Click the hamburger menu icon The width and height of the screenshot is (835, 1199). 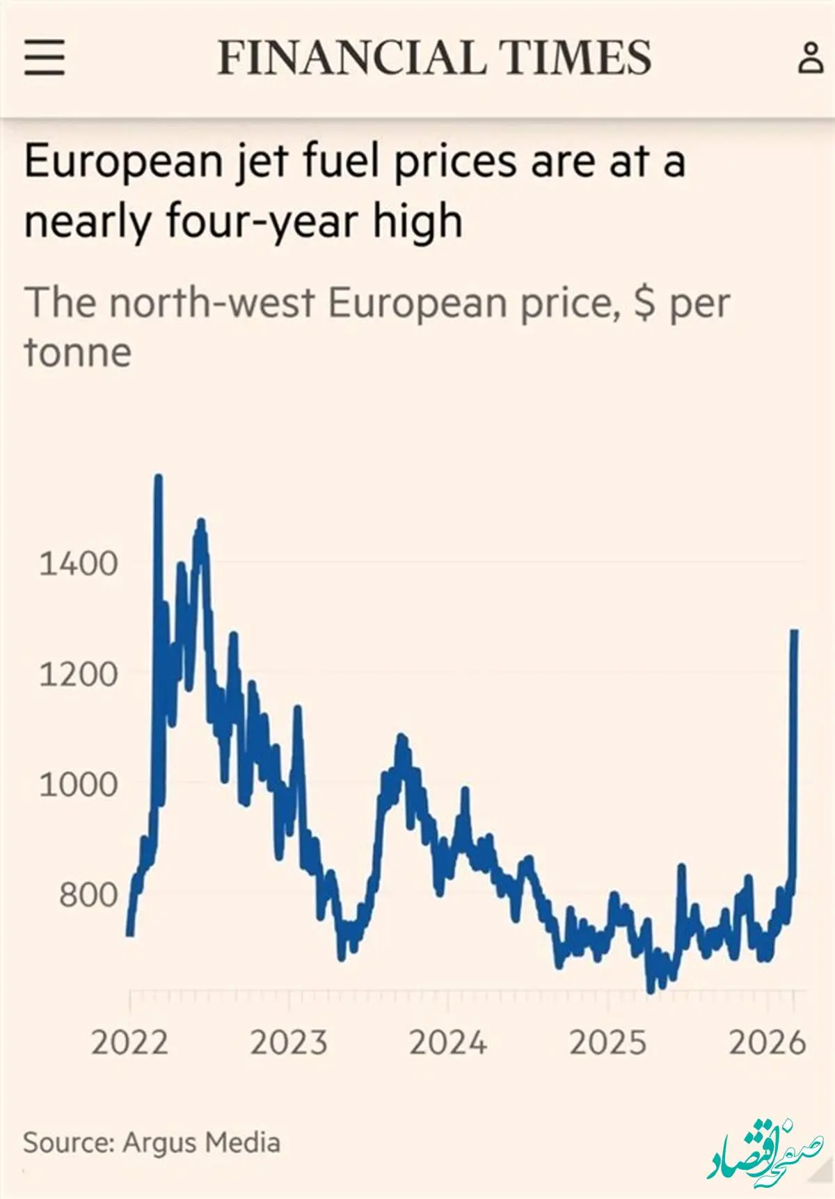coord(45,57)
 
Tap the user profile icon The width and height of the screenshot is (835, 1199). coord(810,57)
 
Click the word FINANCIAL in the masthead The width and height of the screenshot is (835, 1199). coord(351,57)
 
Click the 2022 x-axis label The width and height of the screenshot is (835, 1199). coord(129,1042)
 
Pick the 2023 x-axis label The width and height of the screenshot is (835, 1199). coord(289,1042)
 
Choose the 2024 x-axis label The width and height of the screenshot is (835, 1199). coord(448,1042)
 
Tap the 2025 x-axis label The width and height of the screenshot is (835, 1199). coord(607,1042)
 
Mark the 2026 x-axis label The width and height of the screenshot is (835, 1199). coord(767,1042)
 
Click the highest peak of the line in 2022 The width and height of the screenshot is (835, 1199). coord(159,478)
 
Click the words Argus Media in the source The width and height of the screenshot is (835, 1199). coord(202,1143)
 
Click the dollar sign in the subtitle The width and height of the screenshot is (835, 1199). coord(645,303)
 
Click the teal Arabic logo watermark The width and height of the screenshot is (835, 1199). coord(765,1150)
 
